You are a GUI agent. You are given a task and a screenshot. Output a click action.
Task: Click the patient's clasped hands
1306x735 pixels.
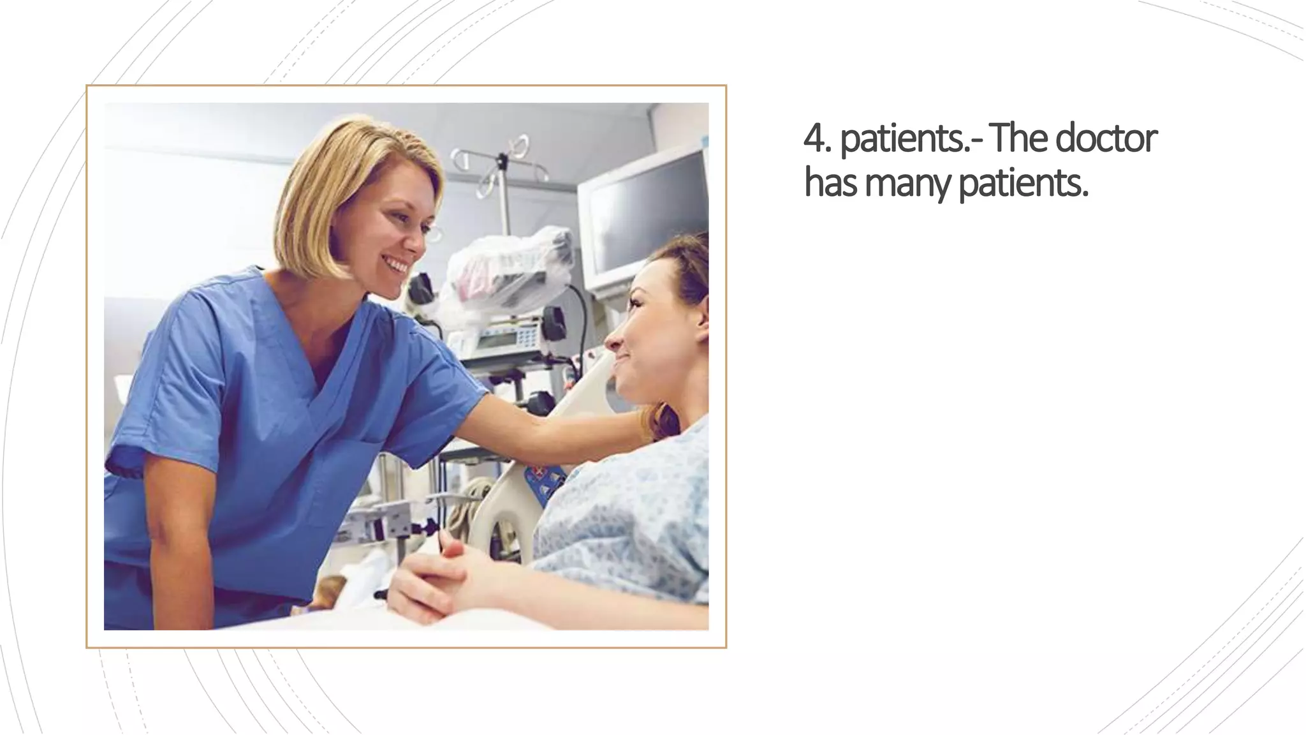[x=434, y=577]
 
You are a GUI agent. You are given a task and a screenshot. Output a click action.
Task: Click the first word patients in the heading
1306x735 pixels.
[x=906, y=138]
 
